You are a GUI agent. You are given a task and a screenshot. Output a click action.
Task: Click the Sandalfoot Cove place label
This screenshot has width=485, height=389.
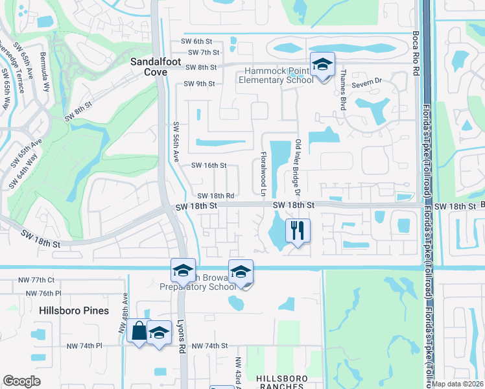click(x=149, y=65)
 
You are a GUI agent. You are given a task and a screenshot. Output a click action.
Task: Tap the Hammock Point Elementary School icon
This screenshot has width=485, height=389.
click(x=322, y=65)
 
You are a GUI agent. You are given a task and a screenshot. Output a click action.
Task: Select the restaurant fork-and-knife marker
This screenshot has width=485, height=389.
click(x=298, y=230)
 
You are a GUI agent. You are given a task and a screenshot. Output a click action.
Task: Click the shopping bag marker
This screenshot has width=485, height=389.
click(x=139, y=331)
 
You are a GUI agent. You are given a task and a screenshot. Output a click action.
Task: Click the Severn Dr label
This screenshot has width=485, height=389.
click(x=369, y=83)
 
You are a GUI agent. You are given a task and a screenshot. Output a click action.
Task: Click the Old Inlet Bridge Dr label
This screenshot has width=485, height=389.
click(x=298, y=168)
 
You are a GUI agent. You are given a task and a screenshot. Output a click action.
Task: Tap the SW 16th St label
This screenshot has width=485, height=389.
click(x=208, y=165)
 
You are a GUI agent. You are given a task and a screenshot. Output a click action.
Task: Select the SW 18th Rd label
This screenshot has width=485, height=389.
click(x=215, y=196)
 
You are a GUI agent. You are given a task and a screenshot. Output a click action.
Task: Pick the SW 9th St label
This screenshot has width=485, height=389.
click(x=198, y=84)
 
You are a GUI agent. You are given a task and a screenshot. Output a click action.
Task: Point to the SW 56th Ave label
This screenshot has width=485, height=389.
click(x=176, y=142)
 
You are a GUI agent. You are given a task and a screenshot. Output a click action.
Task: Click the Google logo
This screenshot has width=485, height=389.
click(x=22, y=381)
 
